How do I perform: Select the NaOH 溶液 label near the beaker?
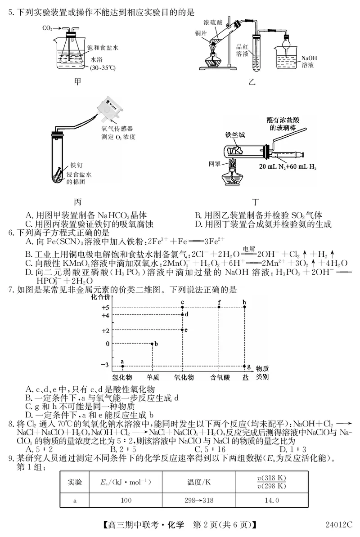click(309, 62)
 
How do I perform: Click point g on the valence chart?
click(245, 367)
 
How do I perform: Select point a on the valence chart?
click(122, 366)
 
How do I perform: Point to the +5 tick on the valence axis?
click(105, 307)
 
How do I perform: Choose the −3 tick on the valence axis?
click(105, 364)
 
